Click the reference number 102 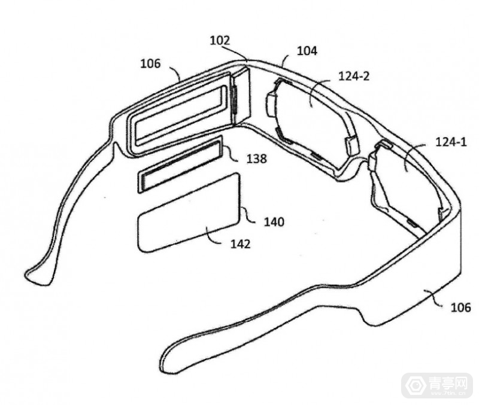click(x=220, y=41)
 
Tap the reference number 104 click(x=307, y=51)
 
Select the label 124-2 click(x=354, y=76)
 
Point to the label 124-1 click(x=451, y=142)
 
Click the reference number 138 click(x=257, y=159)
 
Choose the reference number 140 click(x=274, y=222)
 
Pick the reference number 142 click(x=241, y=244)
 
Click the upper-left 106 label click(x=150, y=63)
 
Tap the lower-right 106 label click(x=460, y=307)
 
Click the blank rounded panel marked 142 click(x=189, y=212)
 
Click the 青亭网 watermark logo click(x=438, y=385)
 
